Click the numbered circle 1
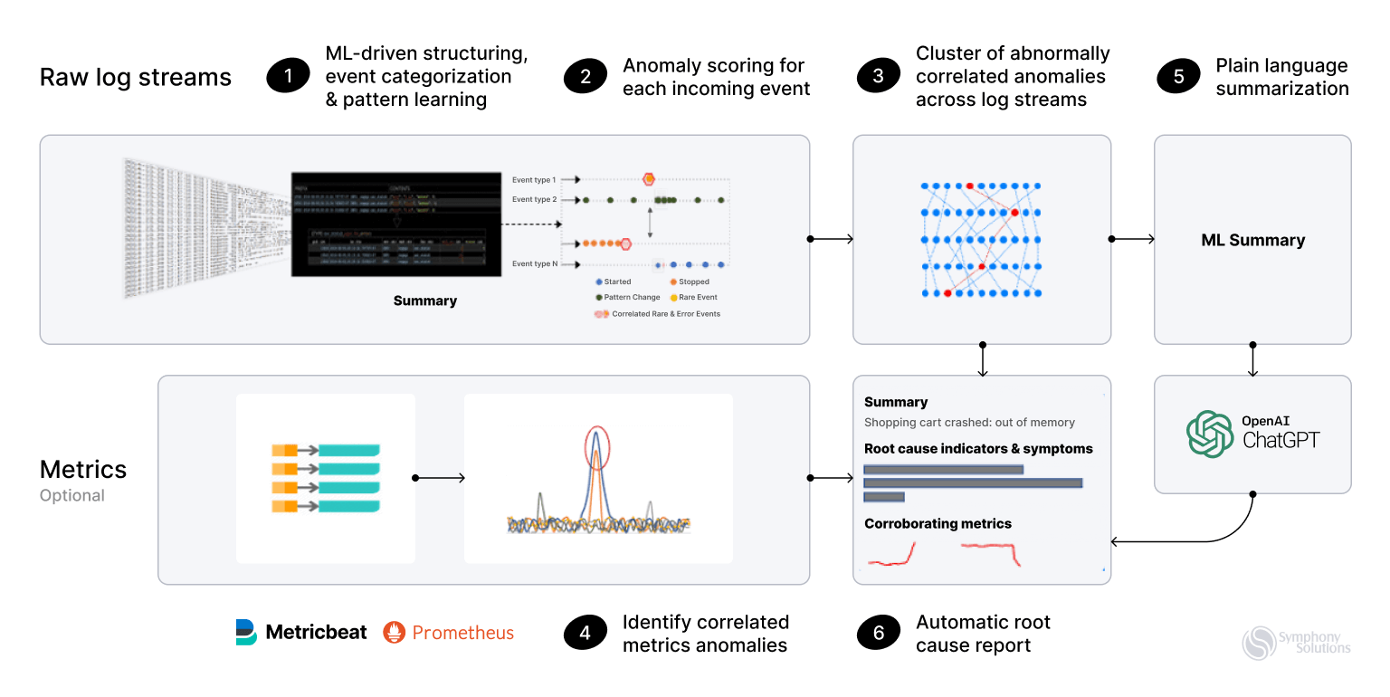tap(289, 77)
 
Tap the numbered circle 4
tap(586, 634)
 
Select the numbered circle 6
tap(879, 634)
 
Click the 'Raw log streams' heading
tap(136, 77)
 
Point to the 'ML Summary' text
tap(1252, 240)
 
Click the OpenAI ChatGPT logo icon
tap(1210, 434)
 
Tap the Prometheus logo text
tap(462, 633)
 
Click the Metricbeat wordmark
tap(316, 633)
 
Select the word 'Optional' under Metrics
tap(72, 495)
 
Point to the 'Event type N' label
tap(534, 264)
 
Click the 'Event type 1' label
tap(534, 180)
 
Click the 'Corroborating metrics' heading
tap(938, 523)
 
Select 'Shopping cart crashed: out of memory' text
tap(969, 422)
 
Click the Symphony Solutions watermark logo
tap(1296, 642)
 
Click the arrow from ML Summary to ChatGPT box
tap(1252, 360)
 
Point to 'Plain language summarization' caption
tap(1281, 77)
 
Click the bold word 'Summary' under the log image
tap(424, 301)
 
